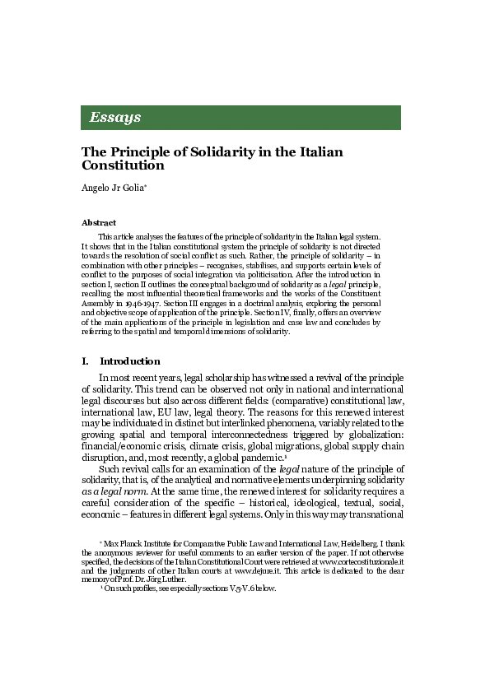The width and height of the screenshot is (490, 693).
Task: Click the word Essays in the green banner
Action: pyautogui.click(x=114, y=117)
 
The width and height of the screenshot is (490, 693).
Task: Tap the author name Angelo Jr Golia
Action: pyautogui.click(x=124, y=188)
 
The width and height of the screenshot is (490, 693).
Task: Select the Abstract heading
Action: pyautogui.click(x=99, y=222)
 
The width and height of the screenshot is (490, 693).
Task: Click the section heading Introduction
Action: pyautogui.click(x=129, y=361)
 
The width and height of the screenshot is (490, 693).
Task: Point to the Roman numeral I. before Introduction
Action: pyautogui.click(x=85, y=361)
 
